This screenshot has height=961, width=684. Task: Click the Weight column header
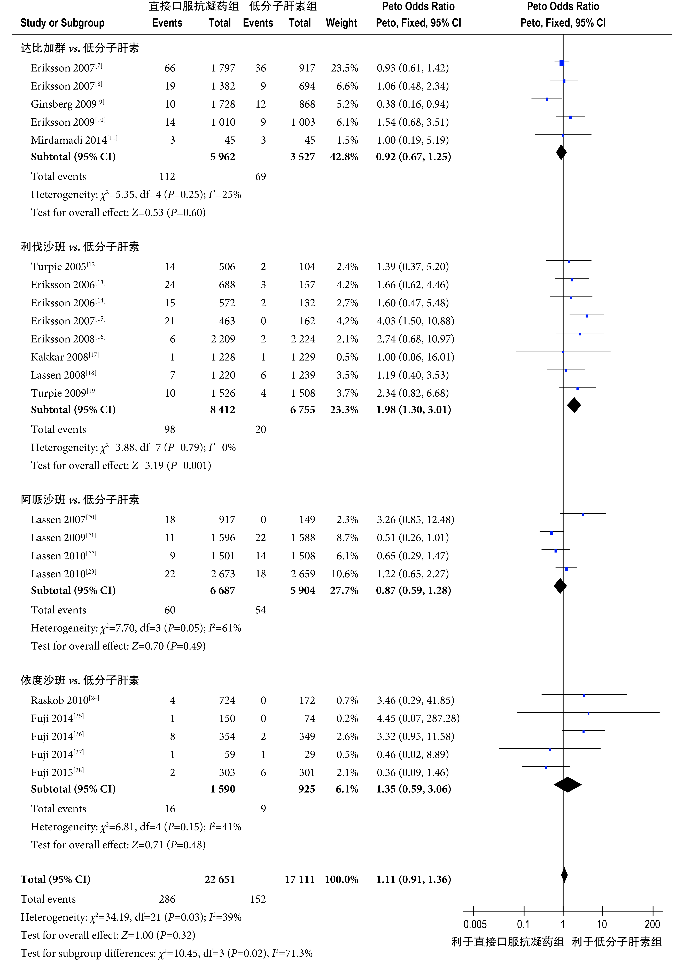click(x=341, y=23)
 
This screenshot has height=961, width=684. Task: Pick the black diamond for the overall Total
click(x=564, y=875)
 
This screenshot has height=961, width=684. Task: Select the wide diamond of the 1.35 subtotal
click(x=567, y=784)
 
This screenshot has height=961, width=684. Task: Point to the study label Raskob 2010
click(x=65, y=700)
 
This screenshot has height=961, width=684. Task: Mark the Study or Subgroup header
click(x=62, y=23)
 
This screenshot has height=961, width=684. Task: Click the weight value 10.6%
click(x=344, y=574)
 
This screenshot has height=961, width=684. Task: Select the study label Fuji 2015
click(x=57, y=772)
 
